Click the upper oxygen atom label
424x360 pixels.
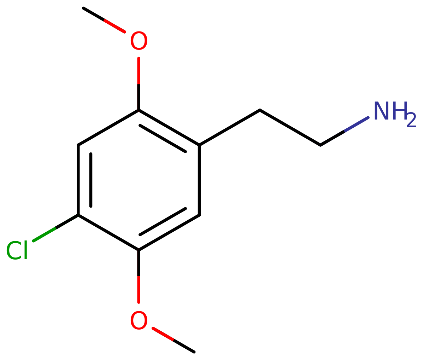[x=139, y=40]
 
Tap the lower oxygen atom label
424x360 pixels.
[x=139, y=320]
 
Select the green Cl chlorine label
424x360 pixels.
[x=17, y=250]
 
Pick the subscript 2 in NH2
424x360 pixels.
[x=411, y=120]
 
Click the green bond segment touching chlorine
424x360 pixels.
[x=45, y=234]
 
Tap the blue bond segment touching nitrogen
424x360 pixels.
[x=357, y=124]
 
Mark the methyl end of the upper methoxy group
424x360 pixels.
[x=83, y=8]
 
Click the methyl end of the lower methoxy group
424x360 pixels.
[x=194, y=352]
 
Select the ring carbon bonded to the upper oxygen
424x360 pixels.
[x=139, y=110]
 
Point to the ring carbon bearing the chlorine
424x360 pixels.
[x=78, y=215]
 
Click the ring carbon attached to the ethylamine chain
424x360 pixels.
[x=199, y=145]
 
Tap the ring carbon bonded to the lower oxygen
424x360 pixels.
[x=139, y=250]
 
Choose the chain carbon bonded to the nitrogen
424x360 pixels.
[x=320, y=145]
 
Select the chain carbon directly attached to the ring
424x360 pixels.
[x=260, y=110]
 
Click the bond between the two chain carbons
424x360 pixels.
[x=290, y=128]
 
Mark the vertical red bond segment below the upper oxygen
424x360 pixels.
[x=139, y=71]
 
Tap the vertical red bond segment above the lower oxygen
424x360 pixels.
[x=139, y=290]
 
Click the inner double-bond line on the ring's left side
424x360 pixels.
[x=91, y=180]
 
